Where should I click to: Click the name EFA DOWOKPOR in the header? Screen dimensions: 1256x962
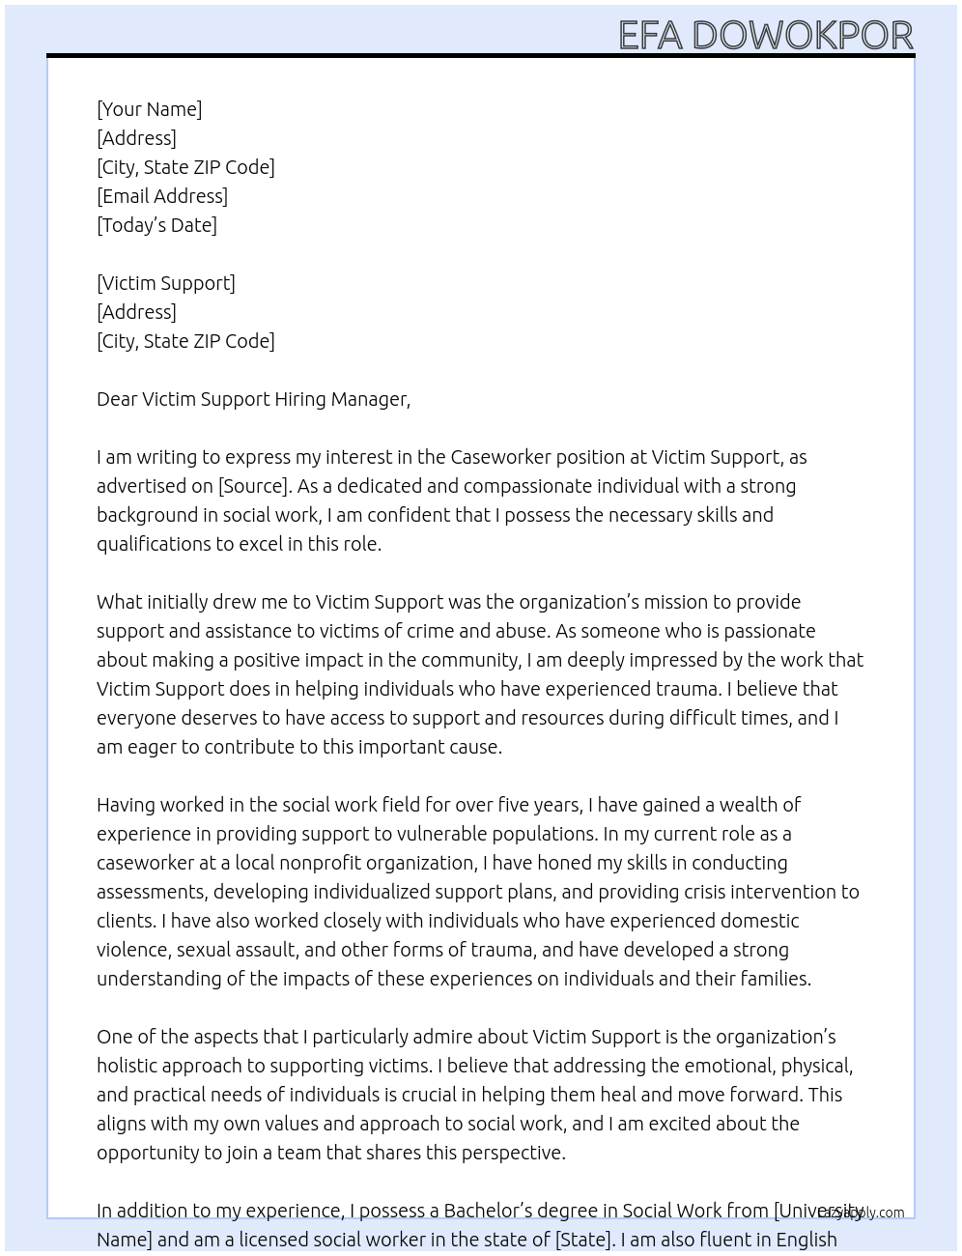[x=765, y=35]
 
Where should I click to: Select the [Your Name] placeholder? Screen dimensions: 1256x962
[x=149, y=109]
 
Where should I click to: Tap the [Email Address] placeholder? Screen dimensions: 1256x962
[x=162, y=196]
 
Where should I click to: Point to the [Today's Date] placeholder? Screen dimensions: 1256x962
[x=156, y=225]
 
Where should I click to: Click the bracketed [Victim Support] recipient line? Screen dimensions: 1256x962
[x=166, y=283]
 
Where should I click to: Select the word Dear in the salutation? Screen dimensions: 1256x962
[x=117, y=399]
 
